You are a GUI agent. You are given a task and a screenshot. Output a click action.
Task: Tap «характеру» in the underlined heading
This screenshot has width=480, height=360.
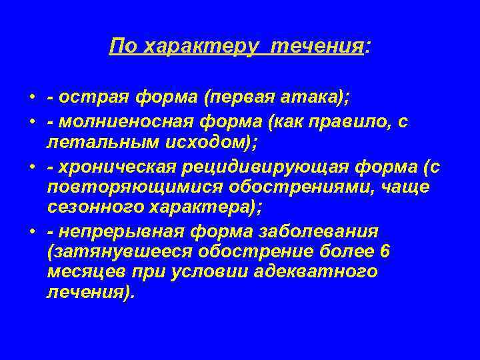195,47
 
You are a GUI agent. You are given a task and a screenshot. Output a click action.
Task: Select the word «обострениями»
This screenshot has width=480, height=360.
291,189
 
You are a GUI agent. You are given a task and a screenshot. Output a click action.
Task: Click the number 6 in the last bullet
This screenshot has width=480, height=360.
383,253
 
